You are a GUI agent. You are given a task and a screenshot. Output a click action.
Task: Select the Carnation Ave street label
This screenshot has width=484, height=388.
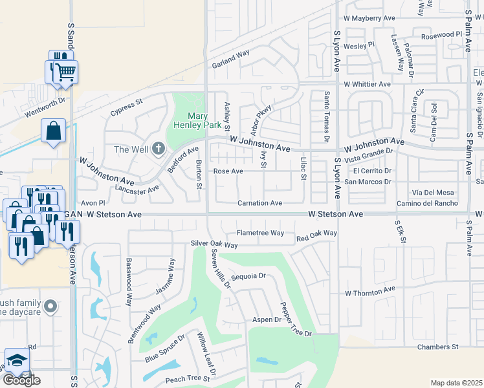259,203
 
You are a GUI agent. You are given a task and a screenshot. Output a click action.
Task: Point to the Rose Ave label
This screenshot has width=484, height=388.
228,171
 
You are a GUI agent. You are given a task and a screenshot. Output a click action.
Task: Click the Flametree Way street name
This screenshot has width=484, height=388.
260,233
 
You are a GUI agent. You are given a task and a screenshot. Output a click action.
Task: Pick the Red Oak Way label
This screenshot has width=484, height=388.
316,233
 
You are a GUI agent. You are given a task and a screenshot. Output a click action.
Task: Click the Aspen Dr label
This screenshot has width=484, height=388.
267,319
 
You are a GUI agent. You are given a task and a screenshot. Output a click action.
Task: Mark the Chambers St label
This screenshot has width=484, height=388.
437,347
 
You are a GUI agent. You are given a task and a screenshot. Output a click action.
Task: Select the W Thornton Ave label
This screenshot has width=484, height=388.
369,292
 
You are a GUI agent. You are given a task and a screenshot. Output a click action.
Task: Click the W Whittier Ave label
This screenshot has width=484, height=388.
367,84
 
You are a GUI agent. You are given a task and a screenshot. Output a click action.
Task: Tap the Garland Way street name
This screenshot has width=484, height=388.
230,58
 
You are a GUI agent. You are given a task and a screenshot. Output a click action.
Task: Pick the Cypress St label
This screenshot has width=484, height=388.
126,104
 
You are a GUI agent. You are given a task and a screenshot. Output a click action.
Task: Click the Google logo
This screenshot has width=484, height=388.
21,380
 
